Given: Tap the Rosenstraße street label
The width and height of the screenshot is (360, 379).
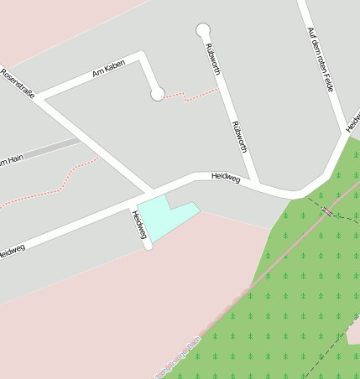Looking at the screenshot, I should coord(18,84).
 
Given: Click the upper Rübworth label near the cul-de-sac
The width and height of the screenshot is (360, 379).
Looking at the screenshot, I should coord(211,60).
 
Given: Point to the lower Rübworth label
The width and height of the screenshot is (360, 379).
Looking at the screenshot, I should coord(239,137).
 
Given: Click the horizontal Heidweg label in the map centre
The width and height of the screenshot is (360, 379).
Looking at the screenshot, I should coord(227,177).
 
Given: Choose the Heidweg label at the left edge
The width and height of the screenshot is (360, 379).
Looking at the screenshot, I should coord(12,249).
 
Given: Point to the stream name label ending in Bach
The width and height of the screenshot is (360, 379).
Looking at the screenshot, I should coord(180,356).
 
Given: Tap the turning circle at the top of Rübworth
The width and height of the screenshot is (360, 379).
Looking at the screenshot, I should coord(202,30).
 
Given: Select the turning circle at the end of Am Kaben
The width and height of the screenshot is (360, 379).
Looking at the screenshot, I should coord(158,94).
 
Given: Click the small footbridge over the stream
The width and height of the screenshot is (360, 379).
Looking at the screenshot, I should coord(326,211).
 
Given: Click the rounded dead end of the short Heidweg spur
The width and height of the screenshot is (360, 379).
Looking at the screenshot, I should coord(149,245).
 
